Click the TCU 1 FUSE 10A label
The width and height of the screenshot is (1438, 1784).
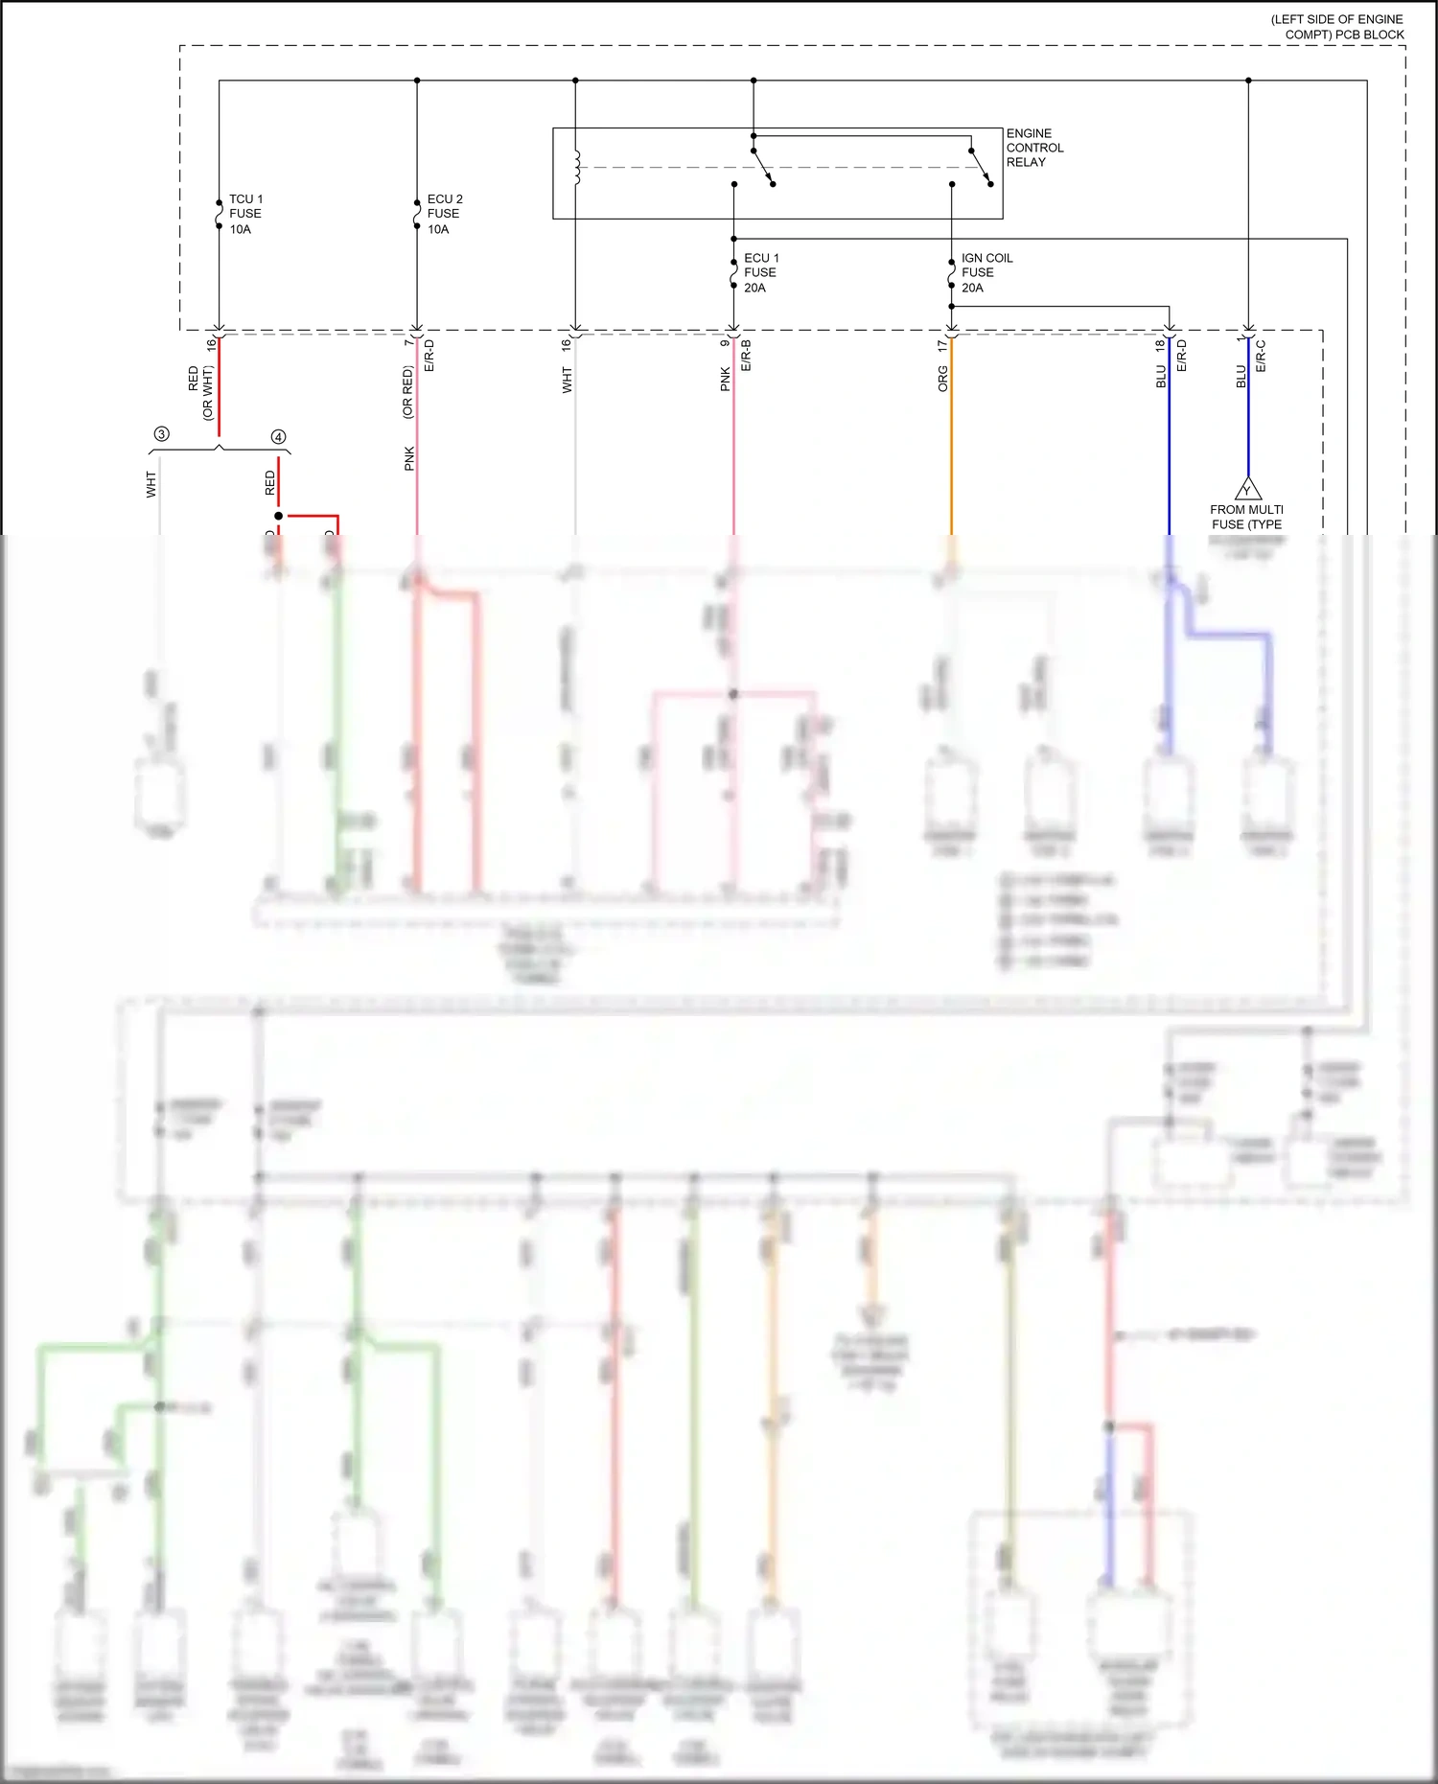244,214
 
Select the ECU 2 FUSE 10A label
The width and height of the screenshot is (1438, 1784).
444,214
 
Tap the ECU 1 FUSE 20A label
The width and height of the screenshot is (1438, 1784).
761,272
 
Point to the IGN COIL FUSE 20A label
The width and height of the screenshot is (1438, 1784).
986,272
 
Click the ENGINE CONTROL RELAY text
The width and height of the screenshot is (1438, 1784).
1034,148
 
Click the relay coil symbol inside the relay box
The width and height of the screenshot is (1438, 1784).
576,167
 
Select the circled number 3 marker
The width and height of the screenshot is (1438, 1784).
161,434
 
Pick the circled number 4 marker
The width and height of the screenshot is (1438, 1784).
279,436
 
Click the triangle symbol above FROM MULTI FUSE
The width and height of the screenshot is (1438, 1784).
1247,489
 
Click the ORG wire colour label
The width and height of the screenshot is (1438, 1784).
942,379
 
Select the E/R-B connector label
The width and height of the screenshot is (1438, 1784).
746,356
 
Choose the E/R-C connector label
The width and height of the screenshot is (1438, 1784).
1261,356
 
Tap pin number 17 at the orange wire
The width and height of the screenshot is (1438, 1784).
942,344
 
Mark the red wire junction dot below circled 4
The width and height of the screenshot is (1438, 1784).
279,516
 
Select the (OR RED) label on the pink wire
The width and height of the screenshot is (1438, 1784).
407,392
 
